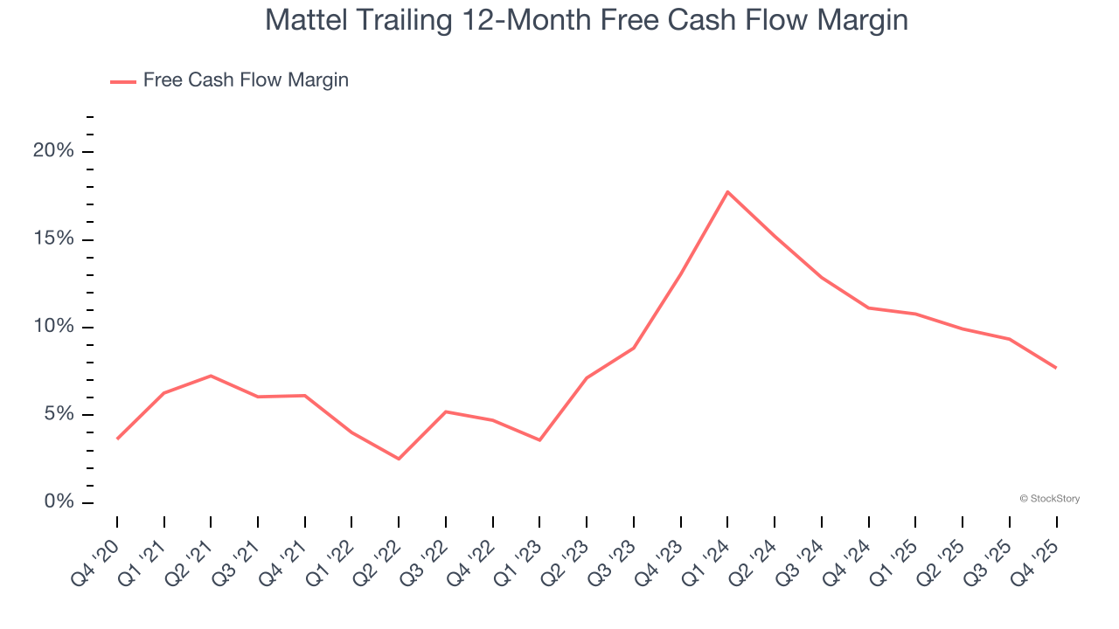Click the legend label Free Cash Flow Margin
[246, 80]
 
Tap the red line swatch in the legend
[123, 81]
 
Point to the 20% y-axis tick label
[53, 151]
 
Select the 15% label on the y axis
[53, 239]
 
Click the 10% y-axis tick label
[53, 327]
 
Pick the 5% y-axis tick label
[58, 414]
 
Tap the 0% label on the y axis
[58, 502]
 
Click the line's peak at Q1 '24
[727, 191]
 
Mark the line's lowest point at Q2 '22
[399, 459]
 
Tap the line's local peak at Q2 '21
[211, 376]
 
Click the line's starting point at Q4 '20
[117, 439]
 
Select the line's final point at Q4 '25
[1056, 368]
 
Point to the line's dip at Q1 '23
[539, 440]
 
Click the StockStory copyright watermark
[1050, 499]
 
